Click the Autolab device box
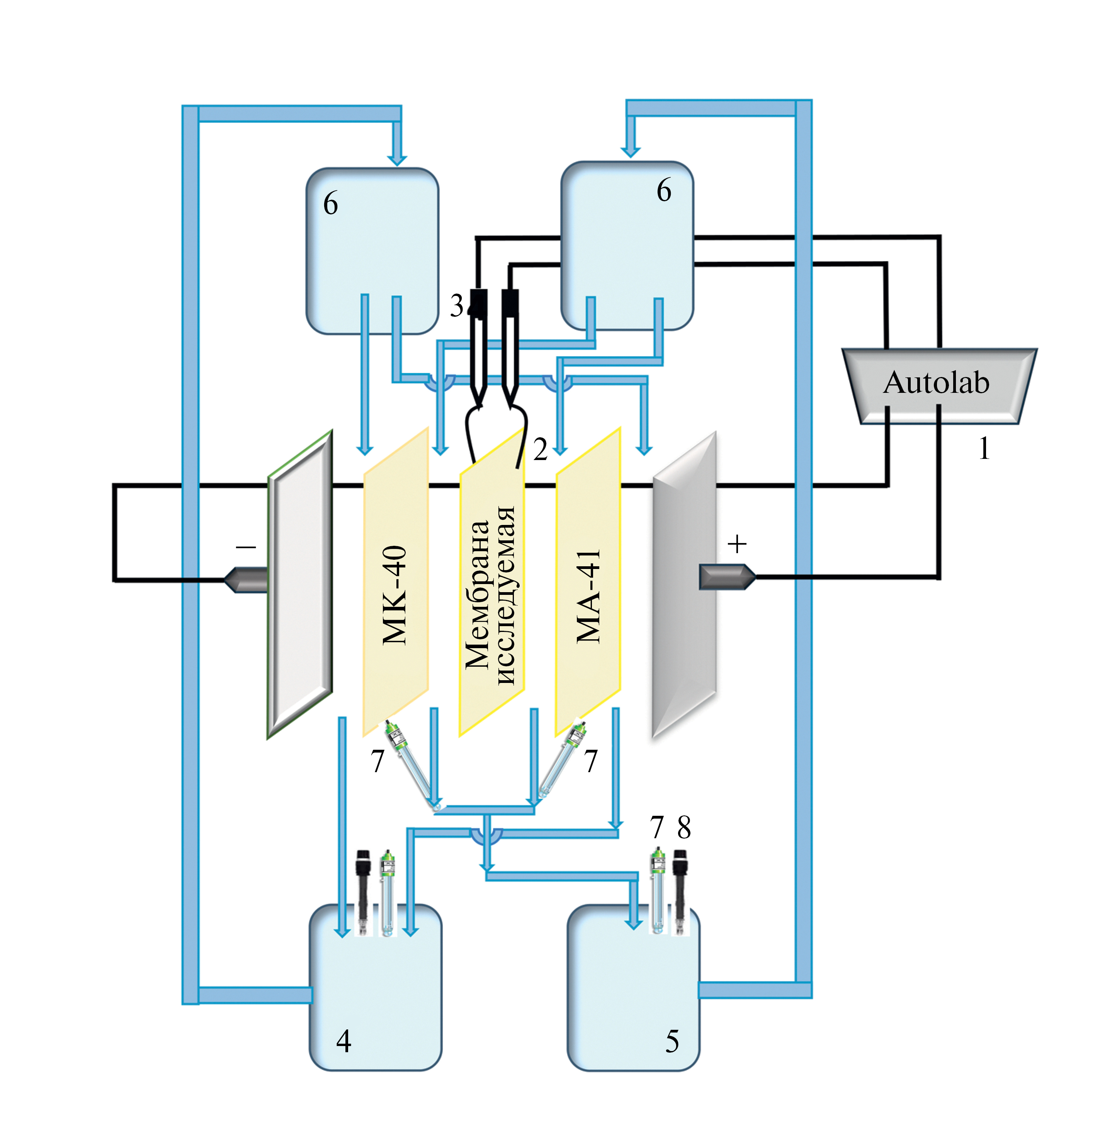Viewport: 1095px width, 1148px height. point(937,384)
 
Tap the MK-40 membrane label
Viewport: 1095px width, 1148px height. point(394,595)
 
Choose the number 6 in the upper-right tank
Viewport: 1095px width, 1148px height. point(664,190)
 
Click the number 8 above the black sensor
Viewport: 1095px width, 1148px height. point(684,827)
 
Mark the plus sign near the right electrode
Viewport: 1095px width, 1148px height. point(737,544)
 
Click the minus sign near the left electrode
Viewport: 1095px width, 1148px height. point(246,547)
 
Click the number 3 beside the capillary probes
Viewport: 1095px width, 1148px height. point(456,305)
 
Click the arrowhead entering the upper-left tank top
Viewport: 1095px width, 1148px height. point(397,159)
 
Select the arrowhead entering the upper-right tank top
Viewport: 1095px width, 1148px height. point(631,152)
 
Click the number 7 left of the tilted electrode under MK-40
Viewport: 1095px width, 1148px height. point(377,761)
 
